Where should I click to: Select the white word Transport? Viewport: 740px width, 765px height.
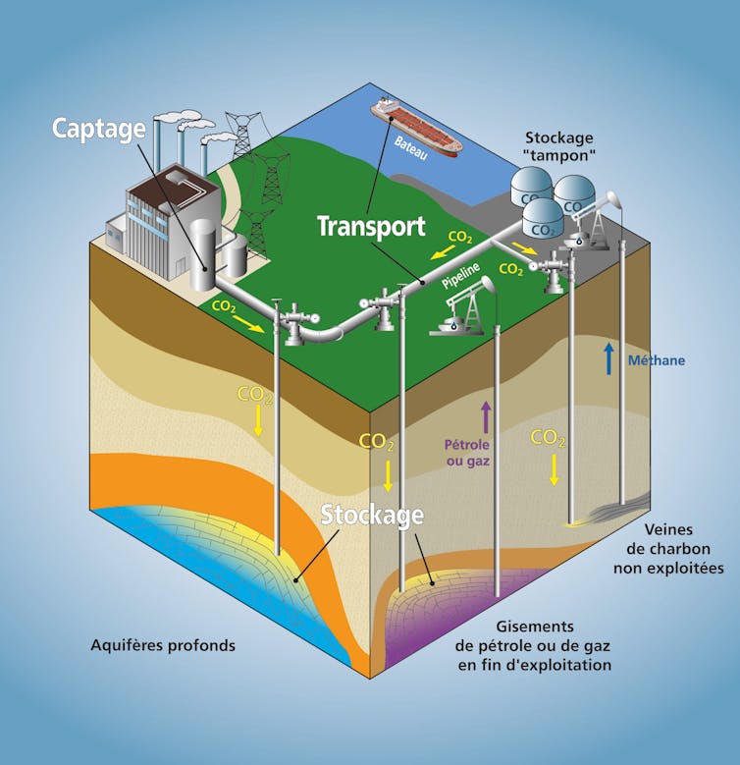(x=371, y=227)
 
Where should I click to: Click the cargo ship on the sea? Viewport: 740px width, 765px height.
(x=416, y=128)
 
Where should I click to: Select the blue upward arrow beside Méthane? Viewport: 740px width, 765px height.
(x=609, y=359)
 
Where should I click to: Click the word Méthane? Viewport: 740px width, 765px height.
(x=656, y=360)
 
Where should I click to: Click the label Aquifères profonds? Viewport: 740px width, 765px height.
(x=164, y=646)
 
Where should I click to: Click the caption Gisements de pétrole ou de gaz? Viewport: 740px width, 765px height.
(x=533, y=645)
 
